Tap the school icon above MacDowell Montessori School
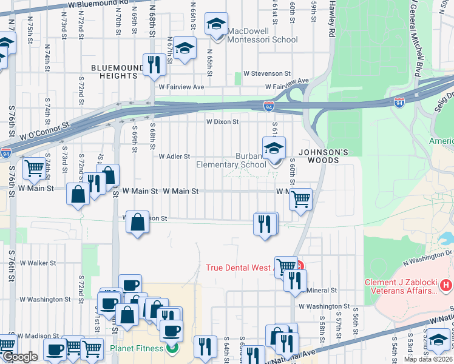215,24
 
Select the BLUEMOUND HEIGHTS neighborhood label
115,72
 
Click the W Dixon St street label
222,121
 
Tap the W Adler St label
175,157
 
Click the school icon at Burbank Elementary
274,148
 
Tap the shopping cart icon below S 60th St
300,199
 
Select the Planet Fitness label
137,348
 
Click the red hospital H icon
446,284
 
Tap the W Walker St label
38,263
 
